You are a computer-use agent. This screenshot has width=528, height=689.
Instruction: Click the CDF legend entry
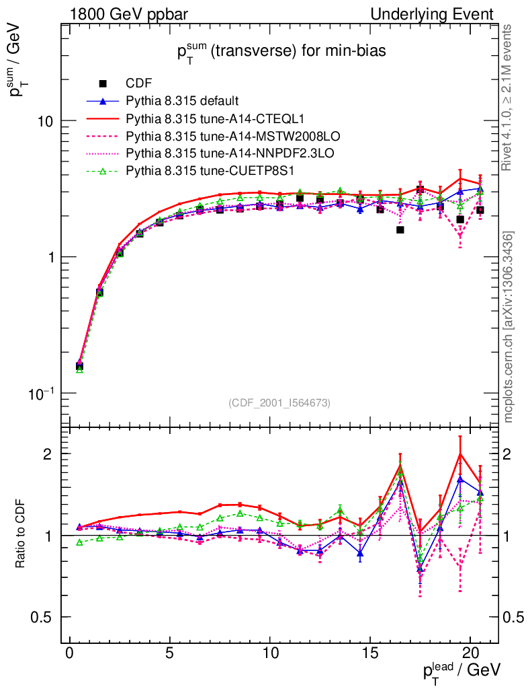point(139,83)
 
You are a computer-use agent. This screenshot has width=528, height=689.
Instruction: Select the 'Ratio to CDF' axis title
point(20,535)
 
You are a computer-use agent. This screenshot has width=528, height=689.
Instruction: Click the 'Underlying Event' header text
point(441,14)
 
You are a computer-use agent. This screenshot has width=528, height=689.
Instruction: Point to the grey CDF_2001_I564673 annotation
point(279,403)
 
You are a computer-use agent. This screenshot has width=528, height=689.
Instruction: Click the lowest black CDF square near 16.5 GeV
point(400,229)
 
